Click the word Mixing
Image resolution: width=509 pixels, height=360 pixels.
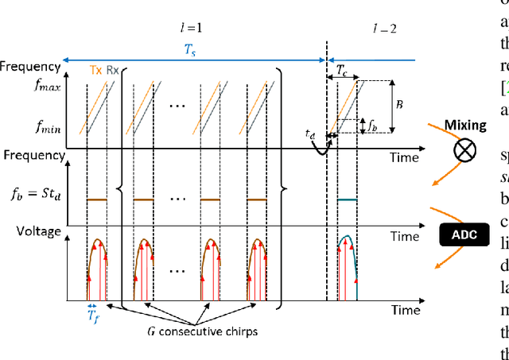point(465,125)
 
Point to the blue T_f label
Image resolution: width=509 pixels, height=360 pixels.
point(93,315)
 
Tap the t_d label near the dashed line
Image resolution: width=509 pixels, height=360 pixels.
point(311,135)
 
